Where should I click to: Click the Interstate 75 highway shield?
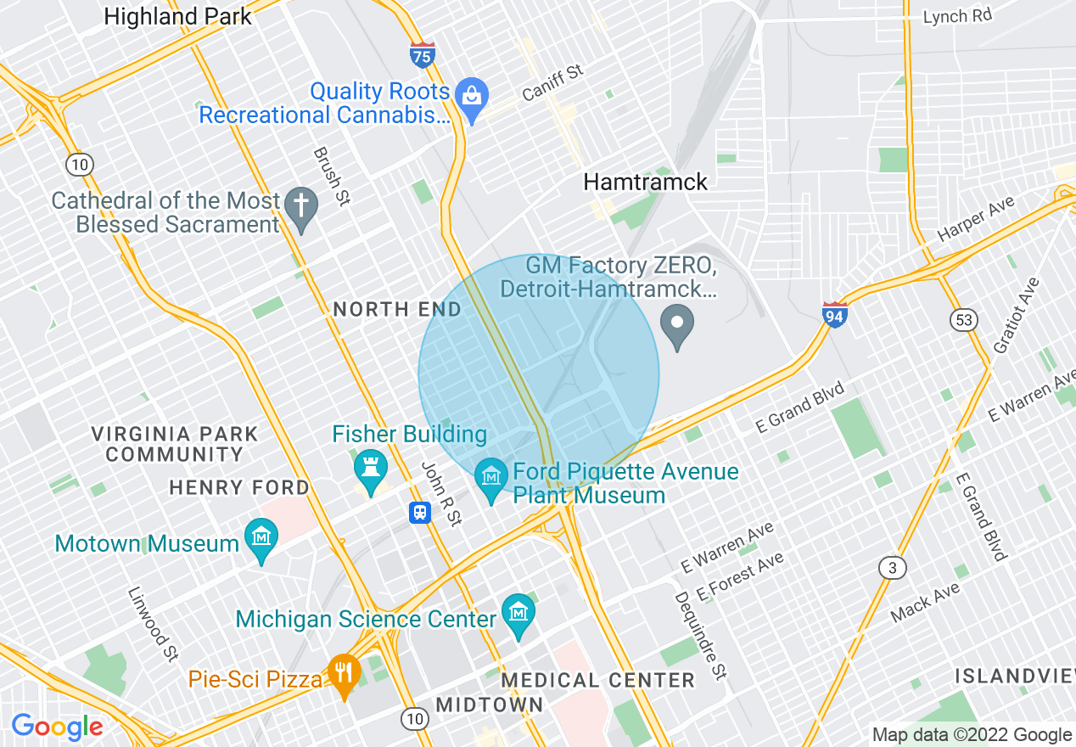click(x=422, y=55)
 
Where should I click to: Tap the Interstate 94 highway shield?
click(x=835, y=315)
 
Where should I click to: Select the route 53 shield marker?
click(x=965, y=320)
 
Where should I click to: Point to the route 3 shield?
click(x=892, y=568)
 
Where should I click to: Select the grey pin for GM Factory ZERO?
click(x=676, y=326)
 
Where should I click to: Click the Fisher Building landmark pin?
click(x=370, y=469)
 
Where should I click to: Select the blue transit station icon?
click(x=420, y=512)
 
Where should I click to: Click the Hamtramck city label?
click(x=645, y=182)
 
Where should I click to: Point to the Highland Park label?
click(x=178, y=16)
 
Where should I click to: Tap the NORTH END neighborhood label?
click(x=397, y=310)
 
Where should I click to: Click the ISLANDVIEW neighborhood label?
click(x=1015, y=677)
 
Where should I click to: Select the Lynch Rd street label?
click(x=957, y=16)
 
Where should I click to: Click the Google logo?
click(x=57, y=727)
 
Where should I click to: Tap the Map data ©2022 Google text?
click(x=972, y=735)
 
